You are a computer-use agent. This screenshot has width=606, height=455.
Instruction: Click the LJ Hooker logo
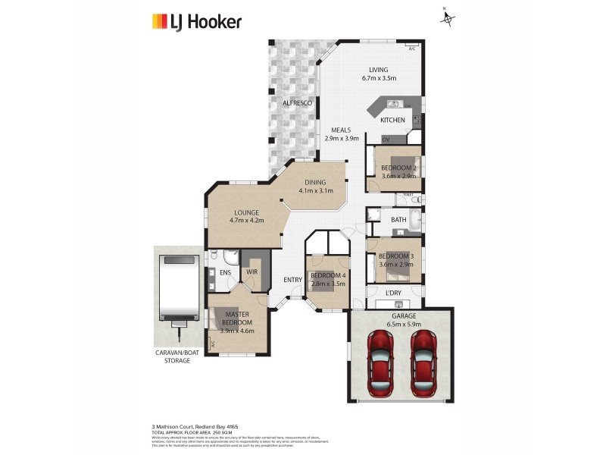[196, 21]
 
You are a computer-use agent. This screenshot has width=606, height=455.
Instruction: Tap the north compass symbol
[448, 17]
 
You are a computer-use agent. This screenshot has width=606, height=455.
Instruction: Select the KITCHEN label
[392, 121]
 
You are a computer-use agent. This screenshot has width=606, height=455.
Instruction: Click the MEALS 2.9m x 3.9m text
[340, 134]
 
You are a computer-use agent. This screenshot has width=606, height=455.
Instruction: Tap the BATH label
[398, 221]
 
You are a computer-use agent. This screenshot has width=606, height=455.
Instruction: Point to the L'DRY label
[393, 293]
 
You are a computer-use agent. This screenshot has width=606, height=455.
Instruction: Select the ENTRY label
[292, 280]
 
